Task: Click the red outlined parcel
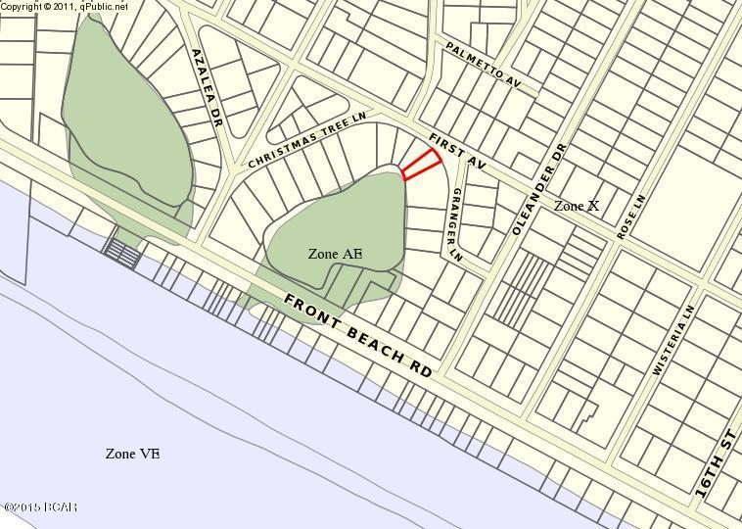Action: click(422, 165)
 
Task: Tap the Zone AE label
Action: click(335, 254)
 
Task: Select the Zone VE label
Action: click(132, 454)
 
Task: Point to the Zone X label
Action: click(576, 206)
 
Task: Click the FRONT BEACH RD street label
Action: click(358, 336)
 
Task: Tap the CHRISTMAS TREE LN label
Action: click(305, 138)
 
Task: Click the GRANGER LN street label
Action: click(454, 225)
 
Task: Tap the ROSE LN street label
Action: click(631, 217)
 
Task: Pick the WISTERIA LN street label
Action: click(672, 339)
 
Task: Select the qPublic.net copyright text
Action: click(65, 6)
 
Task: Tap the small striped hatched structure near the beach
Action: click(121, 255)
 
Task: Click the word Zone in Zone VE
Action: click(119, 454)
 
